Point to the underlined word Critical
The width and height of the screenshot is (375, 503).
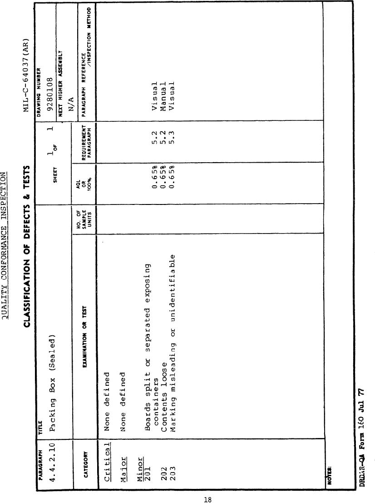(108, 462)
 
